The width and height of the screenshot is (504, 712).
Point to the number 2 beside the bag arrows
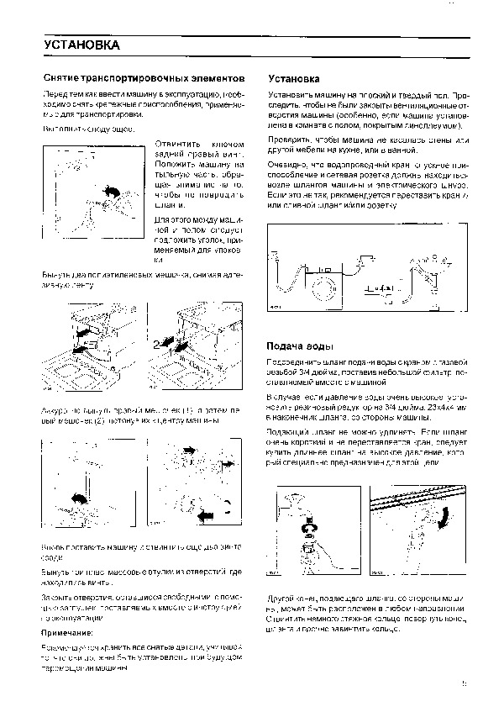[x=156, y=344]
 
